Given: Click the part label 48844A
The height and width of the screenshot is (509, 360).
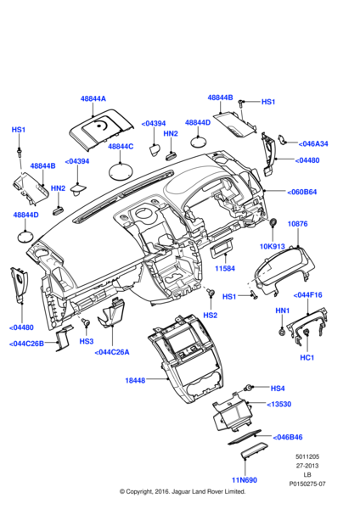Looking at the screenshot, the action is [93, 98].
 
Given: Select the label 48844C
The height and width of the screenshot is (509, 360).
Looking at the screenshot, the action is [121, 147].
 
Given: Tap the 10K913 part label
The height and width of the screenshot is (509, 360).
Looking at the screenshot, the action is [273, 247].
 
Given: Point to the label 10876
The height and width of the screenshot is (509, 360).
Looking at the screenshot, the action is [298, 224].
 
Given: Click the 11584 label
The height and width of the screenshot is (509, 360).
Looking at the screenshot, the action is [225, 268].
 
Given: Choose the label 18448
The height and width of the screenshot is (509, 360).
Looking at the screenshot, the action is [135, 380].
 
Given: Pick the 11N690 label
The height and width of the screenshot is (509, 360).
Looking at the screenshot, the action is [245, 480].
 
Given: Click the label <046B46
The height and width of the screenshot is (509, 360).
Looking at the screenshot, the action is [288, 437].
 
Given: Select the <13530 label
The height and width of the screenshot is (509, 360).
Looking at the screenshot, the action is [279, 404].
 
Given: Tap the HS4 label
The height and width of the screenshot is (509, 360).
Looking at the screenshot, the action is [278, 389].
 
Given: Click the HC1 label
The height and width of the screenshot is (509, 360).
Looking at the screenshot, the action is [307, 358].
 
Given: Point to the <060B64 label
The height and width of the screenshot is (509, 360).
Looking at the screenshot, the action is [302, 192].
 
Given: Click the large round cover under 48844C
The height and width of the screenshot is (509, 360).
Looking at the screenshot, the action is [121, 171].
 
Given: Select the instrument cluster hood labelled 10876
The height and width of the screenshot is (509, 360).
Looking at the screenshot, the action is [283, 271].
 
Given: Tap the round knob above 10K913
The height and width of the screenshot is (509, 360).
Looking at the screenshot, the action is [273, 222].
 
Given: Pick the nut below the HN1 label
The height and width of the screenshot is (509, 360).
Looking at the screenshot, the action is [282, 332].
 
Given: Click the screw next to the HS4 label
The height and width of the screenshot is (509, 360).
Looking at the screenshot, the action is [249, 388].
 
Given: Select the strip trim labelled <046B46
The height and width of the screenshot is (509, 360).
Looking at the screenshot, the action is [245, 437].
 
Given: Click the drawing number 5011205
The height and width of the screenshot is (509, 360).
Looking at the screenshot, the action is [307, 456].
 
